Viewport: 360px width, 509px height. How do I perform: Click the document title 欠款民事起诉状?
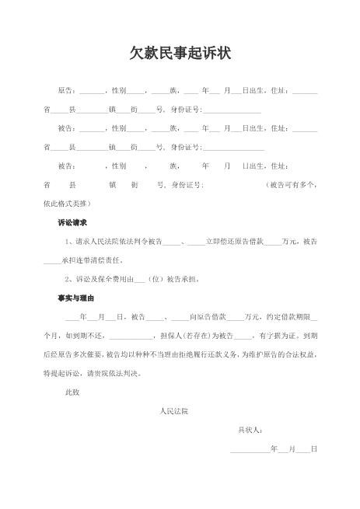180,54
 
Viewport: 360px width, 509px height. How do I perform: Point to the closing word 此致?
72,392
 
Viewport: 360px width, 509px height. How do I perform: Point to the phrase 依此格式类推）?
67,204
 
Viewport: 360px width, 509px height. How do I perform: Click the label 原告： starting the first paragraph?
67,91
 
